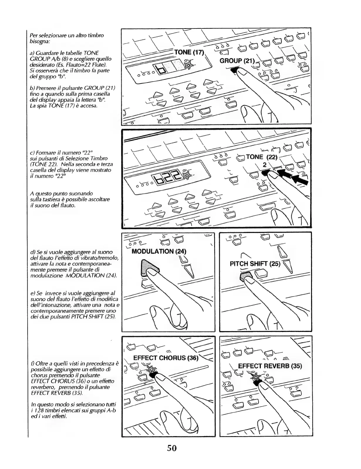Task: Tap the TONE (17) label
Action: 189,53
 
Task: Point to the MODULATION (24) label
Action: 159,251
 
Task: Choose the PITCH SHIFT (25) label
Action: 255,264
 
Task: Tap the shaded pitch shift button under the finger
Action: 246,276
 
